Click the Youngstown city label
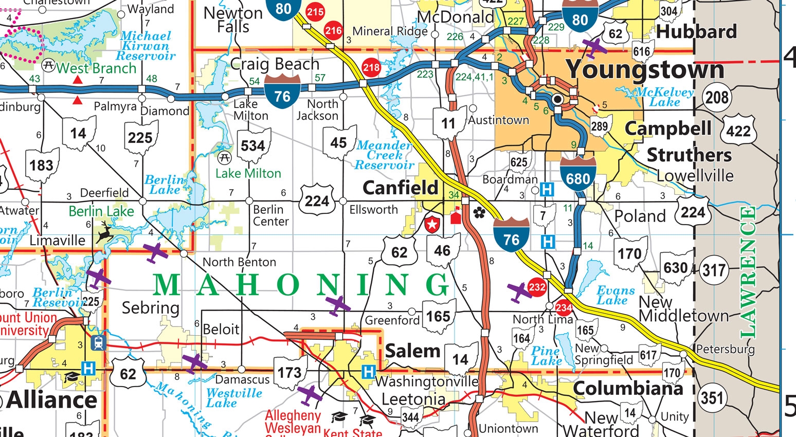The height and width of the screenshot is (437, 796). pos(645,69)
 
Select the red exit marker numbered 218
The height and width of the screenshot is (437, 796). pos(371,67)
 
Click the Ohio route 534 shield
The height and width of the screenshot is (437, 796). pos(252,145)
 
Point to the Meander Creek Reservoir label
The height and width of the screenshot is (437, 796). pos(385,155)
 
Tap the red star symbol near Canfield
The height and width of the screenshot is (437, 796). pos(432,224)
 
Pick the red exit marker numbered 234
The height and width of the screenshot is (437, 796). pos(564,307)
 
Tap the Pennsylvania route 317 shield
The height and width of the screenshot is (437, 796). pos(713,269)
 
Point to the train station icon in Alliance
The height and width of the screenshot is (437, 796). pos(98,343)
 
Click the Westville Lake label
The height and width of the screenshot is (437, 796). pos(234,398)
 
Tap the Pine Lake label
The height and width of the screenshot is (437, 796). pos(546,356)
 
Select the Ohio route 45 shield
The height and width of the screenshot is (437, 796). pos(338,142)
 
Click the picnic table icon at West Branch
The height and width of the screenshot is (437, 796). pos(49,66)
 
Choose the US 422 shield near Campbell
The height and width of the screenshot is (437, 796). pos(738,131)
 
